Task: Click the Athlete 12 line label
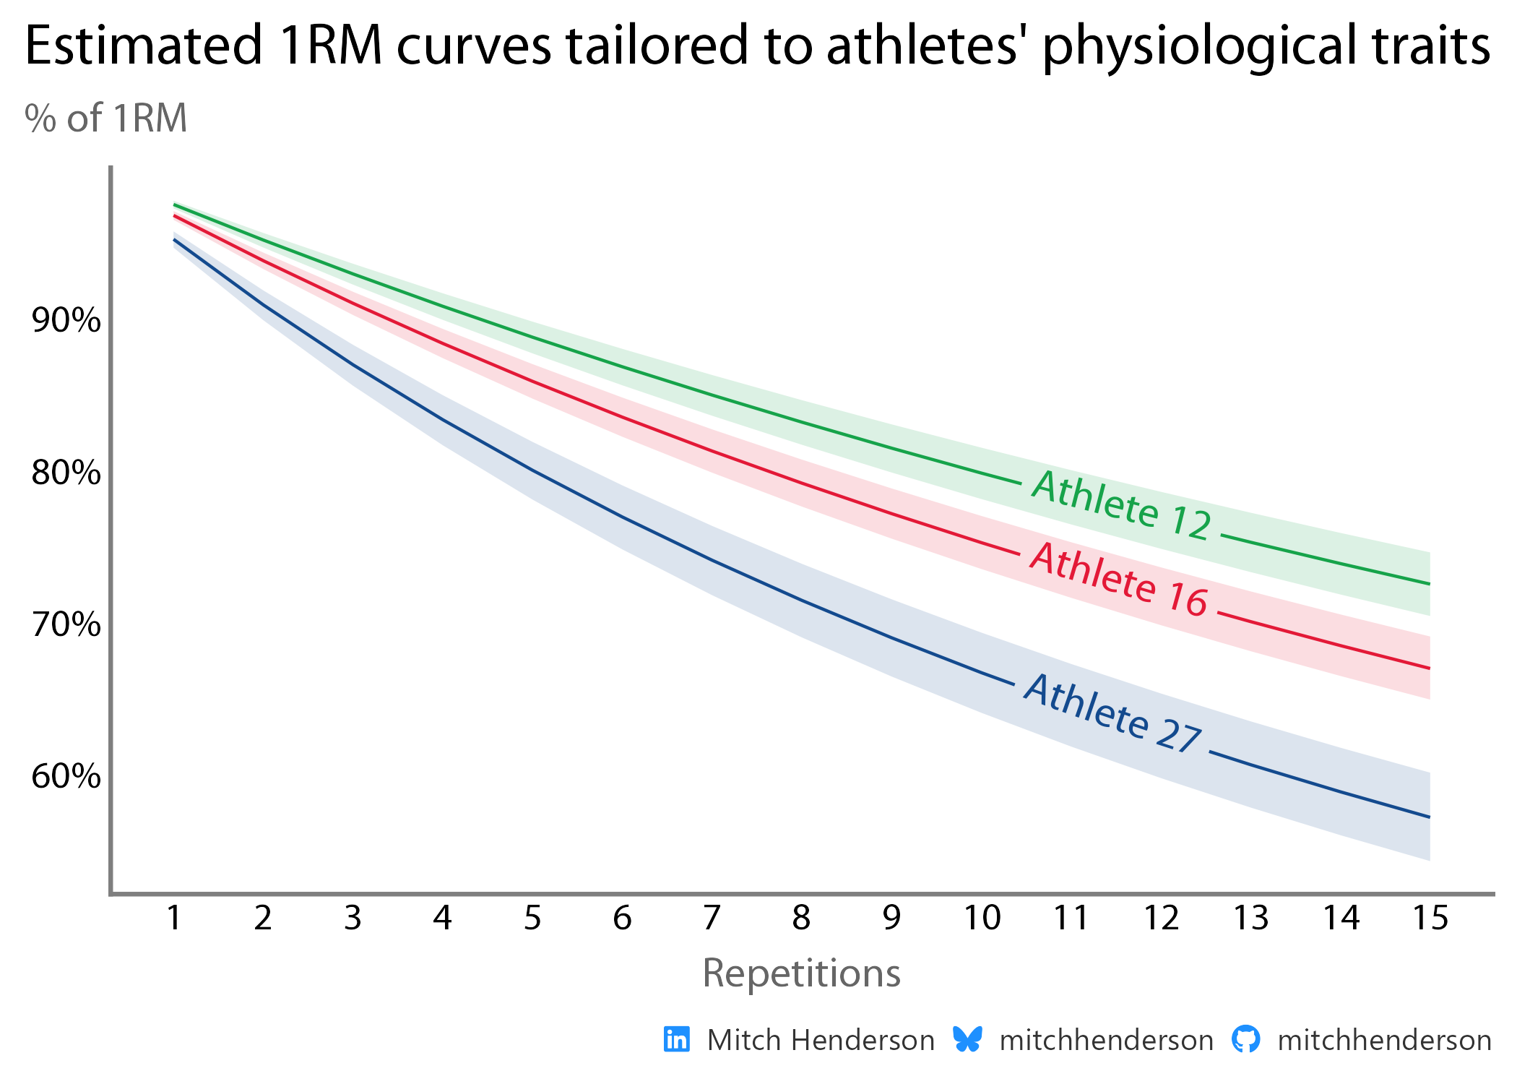[x=1121, y=504]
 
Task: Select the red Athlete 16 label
[x=1118, y=580]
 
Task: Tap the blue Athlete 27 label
[x=1113, y=714]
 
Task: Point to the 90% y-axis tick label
[x=66, y=320]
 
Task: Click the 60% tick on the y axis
[x=66, y=776]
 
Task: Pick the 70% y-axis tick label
[x=66, y=624]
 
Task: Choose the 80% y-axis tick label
[x=66, y=473]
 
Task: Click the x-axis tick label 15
[x=1430, y=918]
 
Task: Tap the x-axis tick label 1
[x=173, y=918]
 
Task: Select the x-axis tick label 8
[x=801, y=918]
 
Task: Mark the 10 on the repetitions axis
[x=982, y=918]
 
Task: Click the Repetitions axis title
[x=801, y=973]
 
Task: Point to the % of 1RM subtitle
[x=106, y=118]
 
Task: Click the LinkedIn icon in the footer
[x=677, y=1040]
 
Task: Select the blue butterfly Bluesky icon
[x=967, y=1039]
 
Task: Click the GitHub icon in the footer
[x=1245, y=1039]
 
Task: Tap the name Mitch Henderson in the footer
[x=821, y=1041]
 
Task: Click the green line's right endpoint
[x=1430, y=584]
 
